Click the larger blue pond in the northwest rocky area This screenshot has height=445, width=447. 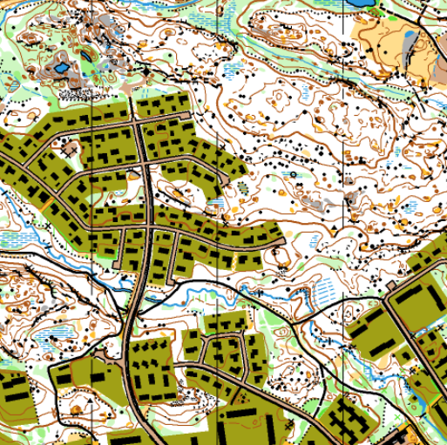62,66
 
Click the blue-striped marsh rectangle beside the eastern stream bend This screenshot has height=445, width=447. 322,287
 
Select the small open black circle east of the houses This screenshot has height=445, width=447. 295,175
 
